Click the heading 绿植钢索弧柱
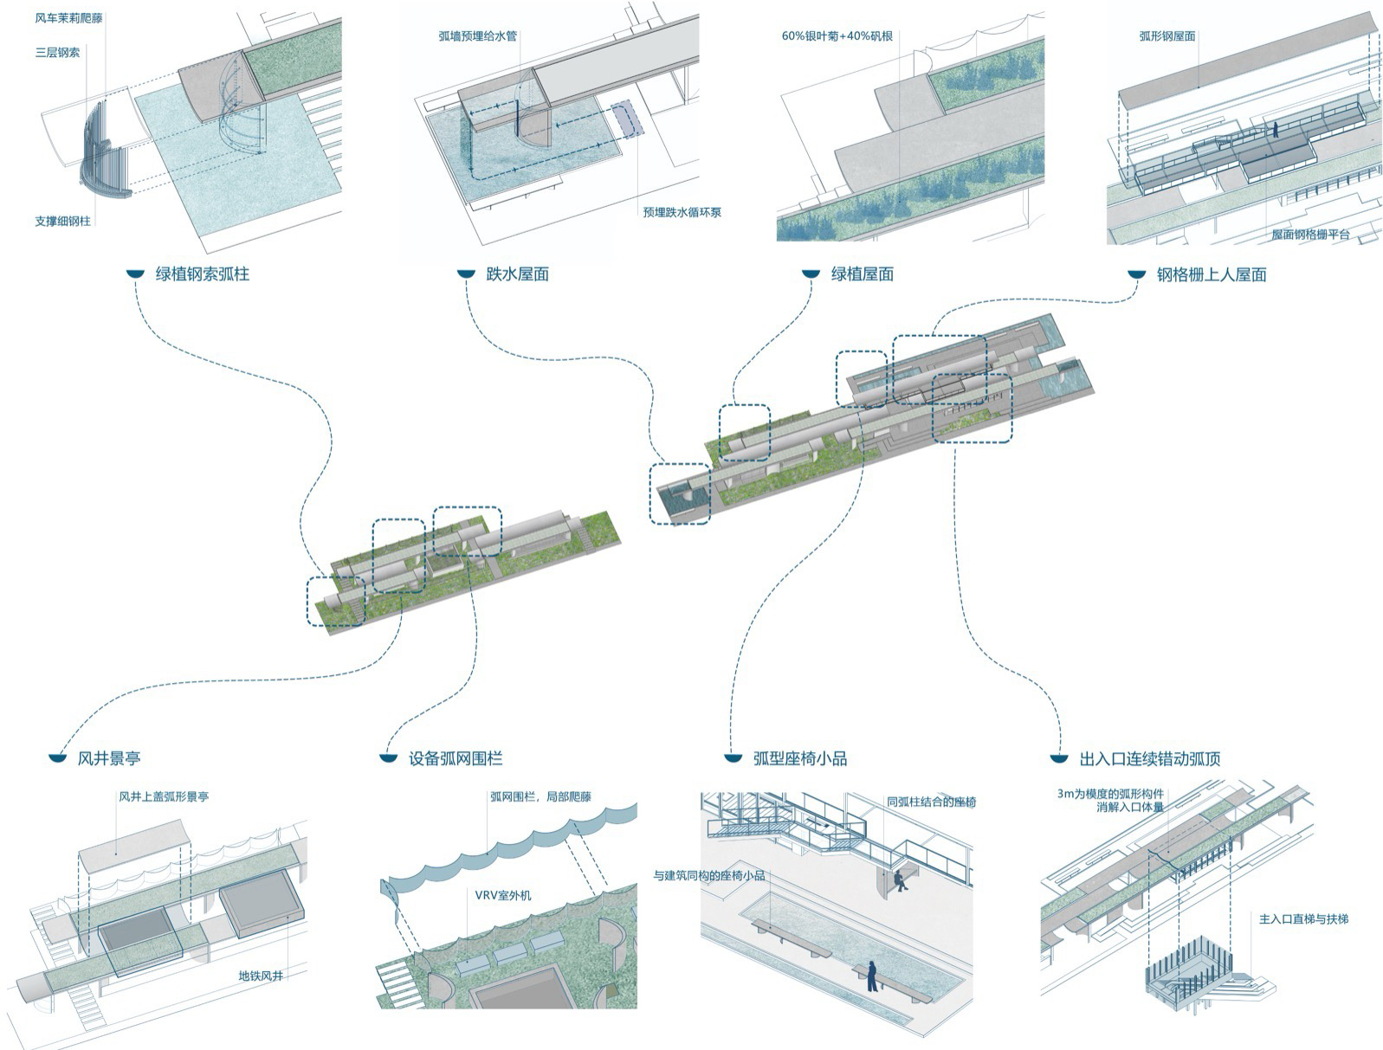point(202,274)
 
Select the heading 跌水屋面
point(517,274)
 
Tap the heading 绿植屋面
point(862,274)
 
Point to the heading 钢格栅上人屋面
point(1211,275)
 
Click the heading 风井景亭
point(108,759)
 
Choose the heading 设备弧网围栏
point(455,759)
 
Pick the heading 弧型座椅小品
point(799,759)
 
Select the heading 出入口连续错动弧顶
point(1149,759)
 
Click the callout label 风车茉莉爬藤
point(68,18)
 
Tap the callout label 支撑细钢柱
point(62,222)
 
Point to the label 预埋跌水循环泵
point(682,213)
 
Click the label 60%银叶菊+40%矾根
point(837,36)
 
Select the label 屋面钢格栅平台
point(1309,235)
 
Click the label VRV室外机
point(502,895)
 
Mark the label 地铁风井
point(261,976)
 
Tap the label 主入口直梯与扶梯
point(1302,919)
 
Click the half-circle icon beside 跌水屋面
point(467,274)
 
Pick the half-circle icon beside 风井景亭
point(58,759)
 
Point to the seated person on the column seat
point(900,880)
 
